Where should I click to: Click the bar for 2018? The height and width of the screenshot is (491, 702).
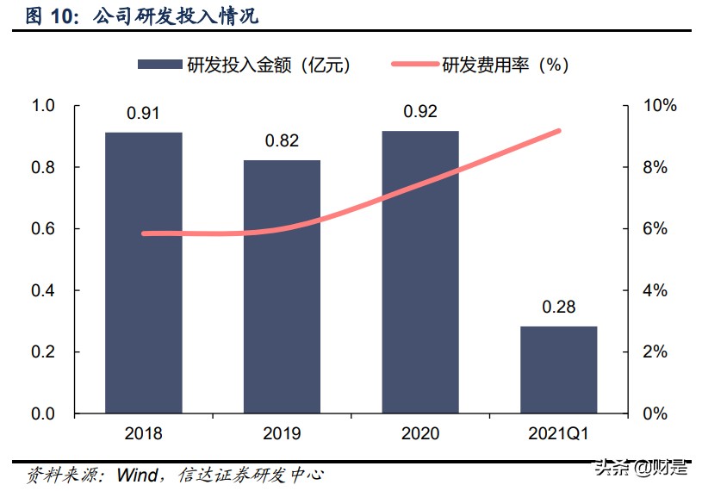point(144,272)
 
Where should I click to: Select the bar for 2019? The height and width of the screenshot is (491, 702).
point(282,287)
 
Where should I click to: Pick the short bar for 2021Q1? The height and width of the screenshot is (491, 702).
point(558,370)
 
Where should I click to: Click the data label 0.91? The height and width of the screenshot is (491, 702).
point(143,113)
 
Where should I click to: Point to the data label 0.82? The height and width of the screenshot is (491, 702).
point(282,141)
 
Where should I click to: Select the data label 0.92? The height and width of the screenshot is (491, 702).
point(420,111)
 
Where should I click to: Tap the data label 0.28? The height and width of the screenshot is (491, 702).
point(558,308)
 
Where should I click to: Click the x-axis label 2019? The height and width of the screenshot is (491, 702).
point(282,434)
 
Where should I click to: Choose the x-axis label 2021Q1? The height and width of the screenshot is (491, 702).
point(558,434)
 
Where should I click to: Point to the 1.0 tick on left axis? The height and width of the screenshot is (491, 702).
point(42,105)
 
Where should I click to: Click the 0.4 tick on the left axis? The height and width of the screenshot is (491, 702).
point(42,290)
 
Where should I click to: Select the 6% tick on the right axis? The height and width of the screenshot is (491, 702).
point(654,229)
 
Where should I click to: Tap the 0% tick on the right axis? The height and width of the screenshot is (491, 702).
point(654,414)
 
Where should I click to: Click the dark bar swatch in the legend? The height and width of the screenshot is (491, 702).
point(158,65)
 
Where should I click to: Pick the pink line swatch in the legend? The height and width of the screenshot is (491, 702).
point(414,65)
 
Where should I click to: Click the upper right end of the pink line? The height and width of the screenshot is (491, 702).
point(559,130)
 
